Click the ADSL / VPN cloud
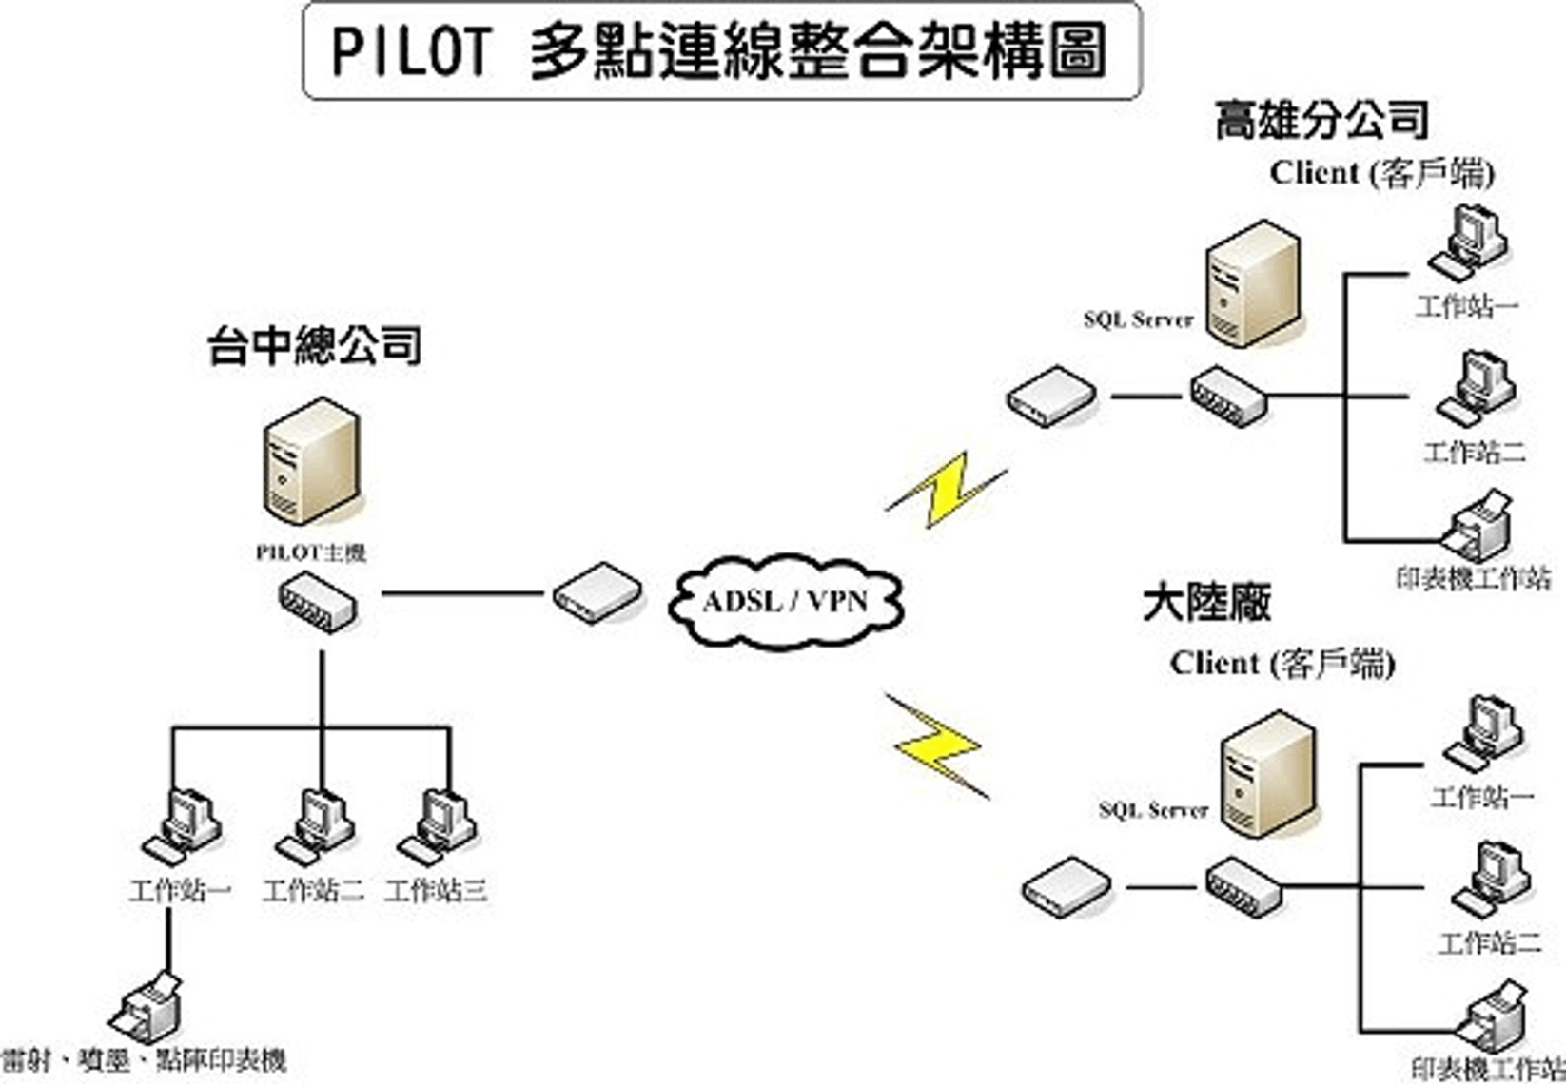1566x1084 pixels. point(786,601)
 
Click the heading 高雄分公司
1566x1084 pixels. point(1321,121)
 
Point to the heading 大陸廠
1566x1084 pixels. point(1206,602)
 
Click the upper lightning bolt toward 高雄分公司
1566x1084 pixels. point(946,491)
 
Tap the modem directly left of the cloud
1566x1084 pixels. point(597,592)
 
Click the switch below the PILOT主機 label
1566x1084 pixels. point(318,605)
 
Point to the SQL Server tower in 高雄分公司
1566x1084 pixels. point(1252,283)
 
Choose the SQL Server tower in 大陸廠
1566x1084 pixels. point(1267,774)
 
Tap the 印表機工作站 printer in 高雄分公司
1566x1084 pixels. point(1476,526)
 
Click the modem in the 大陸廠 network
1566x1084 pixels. point(1067,886)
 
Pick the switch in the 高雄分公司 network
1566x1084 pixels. point(1227,396)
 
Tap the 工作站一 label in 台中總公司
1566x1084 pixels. point(180,891)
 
